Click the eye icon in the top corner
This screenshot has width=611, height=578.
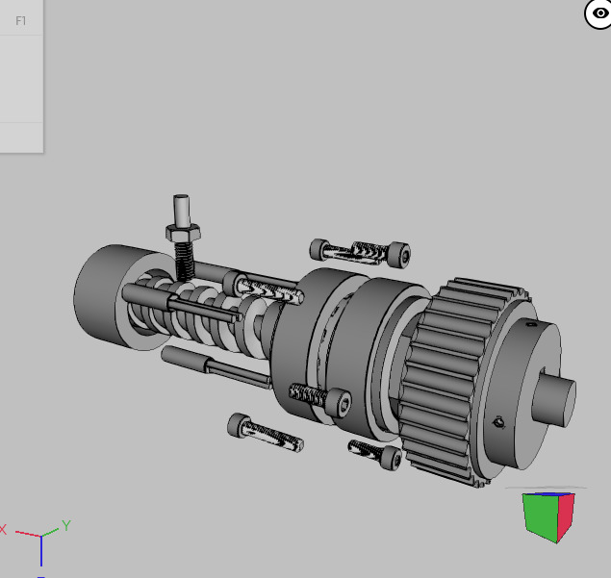click(598, 13)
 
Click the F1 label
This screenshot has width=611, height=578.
click(20, 20)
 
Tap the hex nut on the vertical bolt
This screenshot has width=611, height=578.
click(182, 232)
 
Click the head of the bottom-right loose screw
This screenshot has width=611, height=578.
click(391, 459)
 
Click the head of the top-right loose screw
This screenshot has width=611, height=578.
click(398, 255)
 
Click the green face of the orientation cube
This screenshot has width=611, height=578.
click(539, 517)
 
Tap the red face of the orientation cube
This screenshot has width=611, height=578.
click(566, 514)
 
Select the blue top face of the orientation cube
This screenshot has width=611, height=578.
click(547, 494)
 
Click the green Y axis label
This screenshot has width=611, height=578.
click(67, 525)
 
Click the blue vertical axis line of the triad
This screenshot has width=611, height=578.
click(41, 551)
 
